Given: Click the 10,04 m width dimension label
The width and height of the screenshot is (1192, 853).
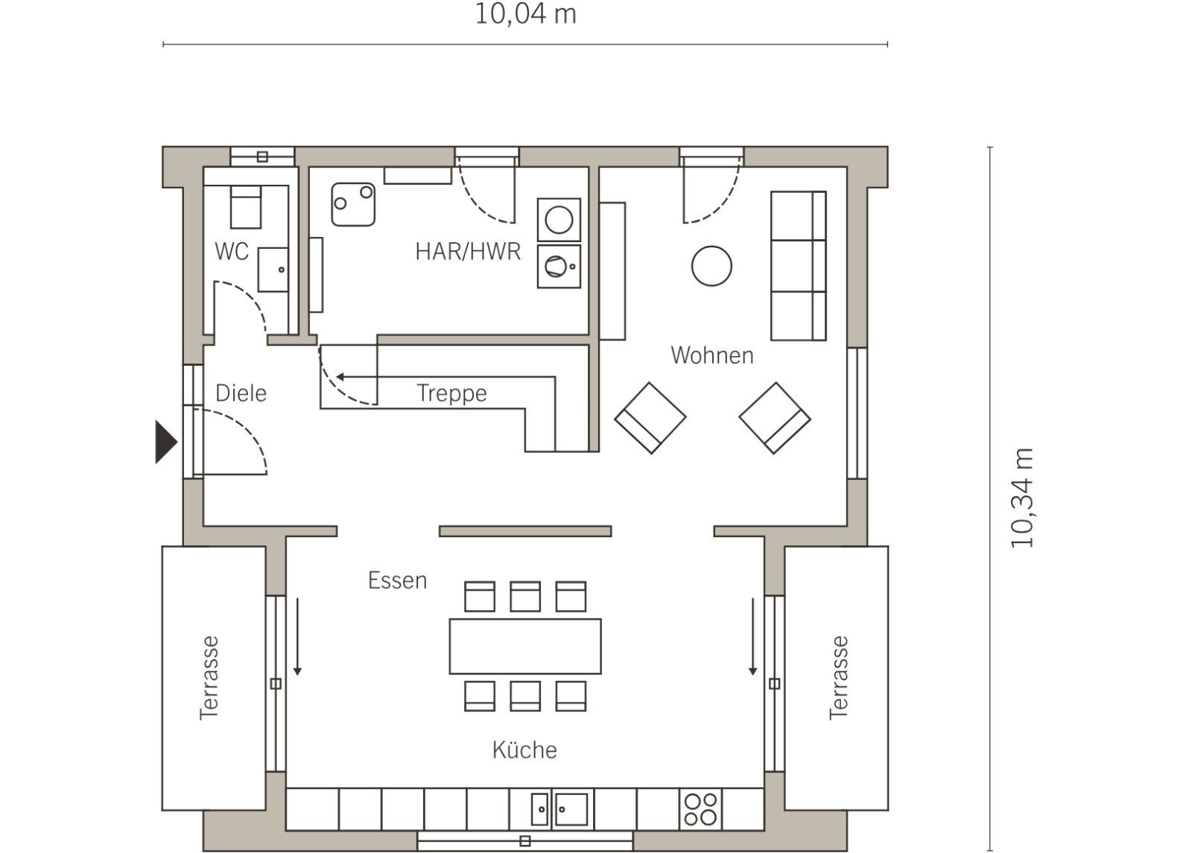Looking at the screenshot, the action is tap(525, 14).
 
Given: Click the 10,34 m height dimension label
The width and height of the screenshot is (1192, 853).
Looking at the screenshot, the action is tap(1021, 498).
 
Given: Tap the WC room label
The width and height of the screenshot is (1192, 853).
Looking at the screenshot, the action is tap(232, 252).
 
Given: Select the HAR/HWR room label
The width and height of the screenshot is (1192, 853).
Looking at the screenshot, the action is tap(468, 252).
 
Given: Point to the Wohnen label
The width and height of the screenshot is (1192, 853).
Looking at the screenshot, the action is tap(712, 355).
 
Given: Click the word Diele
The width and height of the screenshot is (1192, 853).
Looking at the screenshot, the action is tap(241, 393).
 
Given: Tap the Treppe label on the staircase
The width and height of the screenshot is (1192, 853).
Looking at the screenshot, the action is tap(451, 394).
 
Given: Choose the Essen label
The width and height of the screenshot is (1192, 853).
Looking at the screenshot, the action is tap(398, 580).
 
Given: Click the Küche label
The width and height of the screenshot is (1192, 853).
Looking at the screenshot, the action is tap(524, 749).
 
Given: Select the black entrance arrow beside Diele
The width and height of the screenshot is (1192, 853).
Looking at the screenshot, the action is tap(165, 442).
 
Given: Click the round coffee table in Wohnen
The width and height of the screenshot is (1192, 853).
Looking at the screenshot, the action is tap(711, 266).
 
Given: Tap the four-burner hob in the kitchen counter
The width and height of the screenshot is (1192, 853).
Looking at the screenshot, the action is tap(700, 809).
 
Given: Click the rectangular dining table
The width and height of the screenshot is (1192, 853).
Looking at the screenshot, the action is tap(525, 646).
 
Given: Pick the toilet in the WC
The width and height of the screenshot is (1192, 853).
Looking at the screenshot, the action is tap(245, 207).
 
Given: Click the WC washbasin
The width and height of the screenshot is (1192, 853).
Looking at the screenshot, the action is tap(273, 270).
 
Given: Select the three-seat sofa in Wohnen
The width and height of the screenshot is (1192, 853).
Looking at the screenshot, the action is tap(798, 265).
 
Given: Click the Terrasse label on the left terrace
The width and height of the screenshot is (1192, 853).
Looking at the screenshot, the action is tap(209, 679).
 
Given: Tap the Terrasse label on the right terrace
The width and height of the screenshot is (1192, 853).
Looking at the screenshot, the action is tap(838, 679).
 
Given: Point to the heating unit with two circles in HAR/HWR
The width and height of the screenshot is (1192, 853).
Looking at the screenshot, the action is tap(353, 204).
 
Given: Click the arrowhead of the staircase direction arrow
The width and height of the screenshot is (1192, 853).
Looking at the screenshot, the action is tap(340, 377).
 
